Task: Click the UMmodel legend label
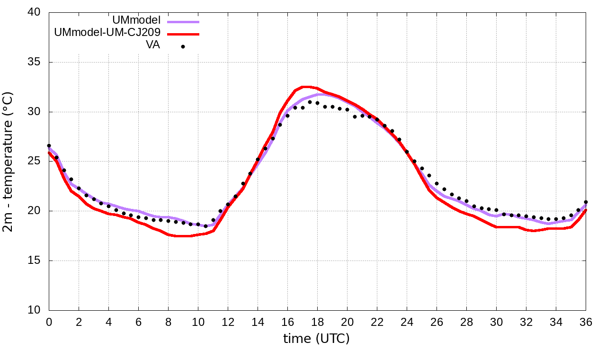[136, 20]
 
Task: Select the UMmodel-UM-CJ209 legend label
[107, 33]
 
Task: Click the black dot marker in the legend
[183, 46]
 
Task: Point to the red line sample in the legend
[183, 34]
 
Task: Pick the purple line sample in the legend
[183, 22]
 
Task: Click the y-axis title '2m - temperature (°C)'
[9, 161]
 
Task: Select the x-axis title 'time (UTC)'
[316, 339]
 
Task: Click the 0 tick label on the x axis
[49, 322]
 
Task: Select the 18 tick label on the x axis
[317, 322]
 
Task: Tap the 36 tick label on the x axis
[586, 322]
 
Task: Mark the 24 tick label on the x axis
[407, 322]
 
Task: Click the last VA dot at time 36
[586, 202]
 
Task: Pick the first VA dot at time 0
[49, 146]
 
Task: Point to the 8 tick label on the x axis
[168, 322]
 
